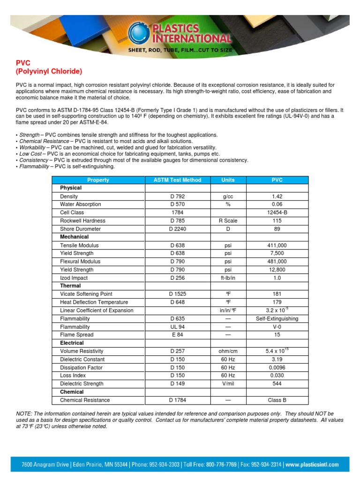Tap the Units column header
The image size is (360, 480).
click(x=228, y=180)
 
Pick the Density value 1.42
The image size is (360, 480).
click(x=277, y=196)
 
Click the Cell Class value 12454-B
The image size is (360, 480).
click(x=277, y=212)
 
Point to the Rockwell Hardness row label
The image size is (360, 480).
click(x=82, y=221)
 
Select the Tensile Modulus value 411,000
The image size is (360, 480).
click(x=277, y=245)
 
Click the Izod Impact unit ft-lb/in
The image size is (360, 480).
click(x=228, y=278)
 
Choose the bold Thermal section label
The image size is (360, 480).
click(x=70, y=286)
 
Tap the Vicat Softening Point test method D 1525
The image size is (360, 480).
click(x=178, y=294)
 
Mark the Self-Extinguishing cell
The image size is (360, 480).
click(x=277, y=319)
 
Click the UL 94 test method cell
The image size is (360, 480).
click(x=178, y=327)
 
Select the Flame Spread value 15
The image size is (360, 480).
click(x=277, y=335)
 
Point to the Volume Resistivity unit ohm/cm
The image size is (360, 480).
click(x=228, y=351)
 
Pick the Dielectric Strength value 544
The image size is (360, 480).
click(x=277, y=384)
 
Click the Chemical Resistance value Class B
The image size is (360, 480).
click(x=277, y=400)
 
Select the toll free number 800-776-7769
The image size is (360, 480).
click(x=220, y=465)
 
